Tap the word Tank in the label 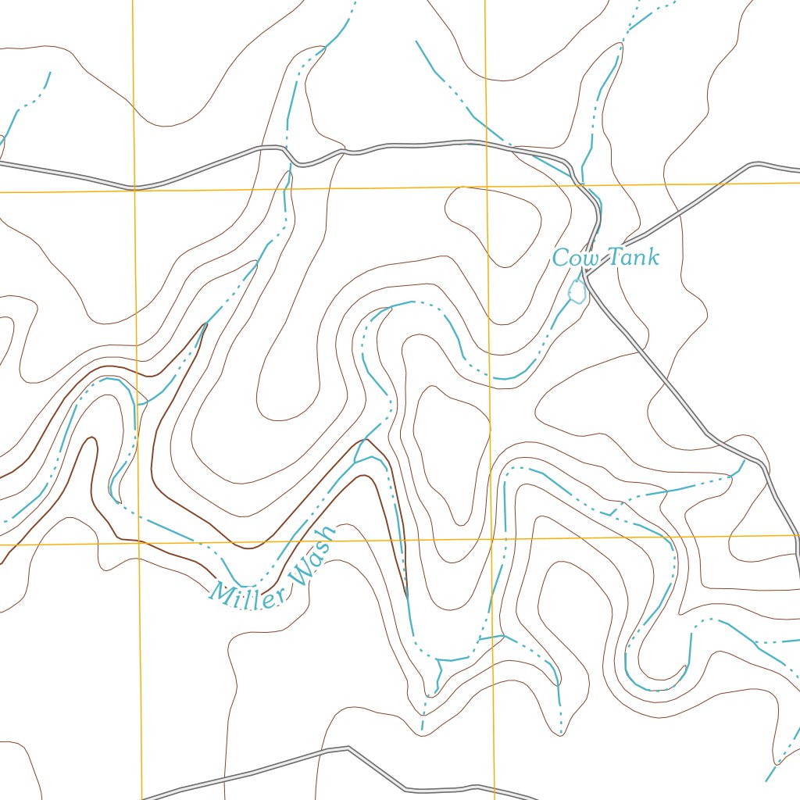(633, 256)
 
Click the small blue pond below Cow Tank (577, 292)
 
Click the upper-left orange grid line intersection (135, 190)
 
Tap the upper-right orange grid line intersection (486, 187)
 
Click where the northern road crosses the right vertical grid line (485, 143)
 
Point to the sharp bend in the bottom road (347, 748)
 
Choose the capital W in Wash (298, 574)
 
